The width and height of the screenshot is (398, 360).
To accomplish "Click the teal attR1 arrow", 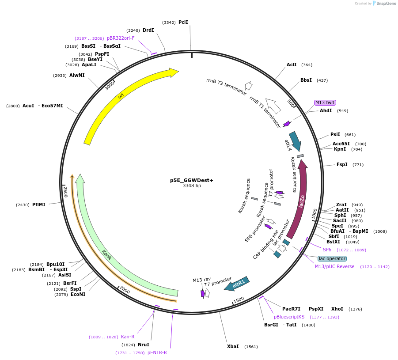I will click(x=237, y=284).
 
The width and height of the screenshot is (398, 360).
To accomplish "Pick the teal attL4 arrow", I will click(x=295, y=140).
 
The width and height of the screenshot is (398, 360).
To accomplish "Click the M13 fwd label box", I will click(x=325, y=102).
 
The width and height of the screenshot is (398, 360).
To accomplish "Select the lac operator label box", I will click(x=332, y=258).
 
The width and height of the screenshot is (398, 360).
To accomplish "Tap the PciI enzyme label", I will click(x=183, y=22).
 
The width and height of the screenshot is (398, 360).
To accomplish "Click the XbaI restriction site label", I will click(x=233, y=346).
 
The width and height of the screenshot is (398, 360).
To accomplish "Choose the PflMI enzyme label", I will click(x=39, y=205).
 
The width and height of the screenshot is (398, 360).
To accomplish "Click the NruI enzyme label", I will click(x=143, y=345).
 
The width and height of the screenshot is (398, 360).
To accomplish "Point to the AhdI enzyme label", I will click(x=326, y=110).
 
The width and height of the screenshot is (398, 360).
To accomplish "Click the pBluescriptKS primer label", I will click(x=289, y=317).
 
